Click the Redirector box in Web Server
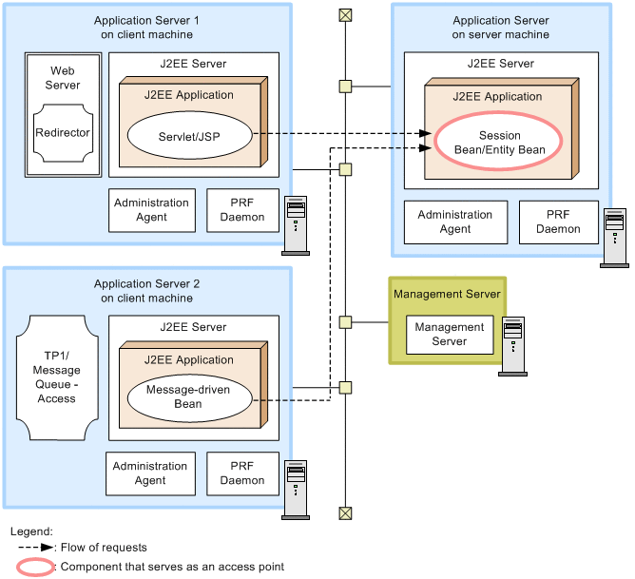pos(63,133)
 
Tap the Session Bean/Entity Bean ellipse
pos(499,143)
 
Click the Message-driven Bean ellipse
pos(188,396)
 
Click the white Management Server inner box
pos(450,334)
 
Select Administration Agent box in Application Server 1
pos(151,210)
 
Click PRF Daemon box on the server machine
pos(558,222)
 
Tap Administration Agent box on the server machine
pos(455,222)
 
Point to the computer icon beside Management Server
pos(513,346)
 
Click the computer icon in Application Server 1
pos(296,224)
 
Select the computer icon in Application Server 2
pos(296,488)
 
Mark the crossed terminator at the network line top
pos(345,14)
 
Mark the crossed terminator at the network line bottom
pos(345,513)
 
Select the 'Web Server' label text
pos(63,77)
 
